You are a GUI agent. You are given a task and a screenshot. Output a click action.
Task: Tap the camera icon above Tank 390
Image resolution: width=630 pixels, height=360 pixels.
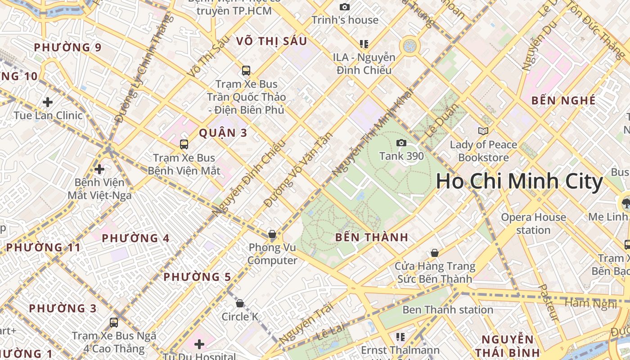pos(401,143)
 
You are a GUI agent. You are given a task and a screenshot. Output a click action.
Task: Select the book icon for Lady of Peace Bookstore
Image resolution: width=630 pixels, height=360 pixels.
pos(483,131)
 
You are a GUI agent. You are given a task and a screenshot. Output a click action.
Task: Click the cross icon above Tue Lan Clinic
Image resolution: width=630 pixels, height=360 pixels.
pos(48,102)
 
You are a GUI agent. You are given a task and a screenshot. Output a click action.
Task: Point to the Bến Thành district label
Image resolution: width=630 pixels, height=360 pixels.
pos(372,237)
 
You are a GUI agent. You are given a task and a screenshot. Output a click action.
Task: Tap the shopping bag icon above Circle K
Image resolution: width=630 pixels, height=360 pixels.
pos(240,303)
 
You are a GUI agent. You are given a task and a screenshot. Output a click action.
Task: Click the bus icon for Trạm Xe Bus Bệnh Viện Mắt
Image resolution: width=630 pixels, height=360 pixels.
pos(184,144)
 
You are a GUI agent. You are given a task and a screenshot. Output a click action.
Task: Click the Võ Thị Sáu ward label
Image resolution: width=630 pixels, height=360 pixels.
pos(271,41)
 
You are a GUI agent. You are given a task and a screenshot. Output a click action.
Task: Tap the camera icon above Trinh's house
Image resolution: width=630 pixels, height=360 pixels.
pos(345,7)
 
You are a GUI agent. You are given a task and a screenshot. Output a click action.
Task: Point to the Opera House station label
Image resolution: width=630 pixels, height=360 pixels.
pos(533,223)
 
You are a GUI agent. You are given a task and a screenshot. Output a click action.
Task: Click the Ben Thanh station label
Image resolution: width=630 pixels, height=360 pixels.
pos(448,310)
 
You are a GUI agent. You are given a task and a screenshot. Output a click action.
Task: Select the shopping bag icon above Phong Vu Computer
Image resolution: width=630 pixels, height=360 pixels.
pos(272,234)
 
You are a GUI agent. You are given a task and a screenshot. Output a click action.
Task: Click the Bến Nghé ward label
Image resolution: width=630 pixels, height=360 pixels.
pos(563,100)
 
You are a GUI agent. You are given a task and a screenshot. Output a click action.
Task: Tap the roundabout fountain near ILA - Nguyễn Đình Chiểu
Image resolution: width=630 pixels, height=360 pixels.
pos(409,45)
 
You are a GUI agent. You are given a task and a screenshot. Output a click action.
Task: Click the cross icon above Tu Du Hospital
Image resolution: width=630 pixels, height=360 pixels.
pos(199,345)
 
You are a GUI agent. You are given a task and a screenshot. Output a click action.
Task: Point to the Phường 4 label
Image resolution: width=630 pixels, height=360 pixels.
pos(135,238)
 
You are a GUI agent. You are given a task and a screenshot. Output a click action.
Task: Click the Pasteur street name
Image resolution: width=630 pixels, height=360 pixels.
pos(549,302)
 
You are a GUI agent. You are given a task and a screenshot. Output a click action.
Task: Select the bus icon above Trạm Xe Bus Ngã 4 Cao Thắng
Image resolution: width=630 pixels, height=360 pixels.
pos(114,323)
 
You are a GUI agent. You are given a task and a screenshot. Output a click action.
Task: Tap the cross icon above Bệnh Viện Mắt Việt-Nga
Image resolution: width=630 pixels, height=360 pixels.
pos(99,169)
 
